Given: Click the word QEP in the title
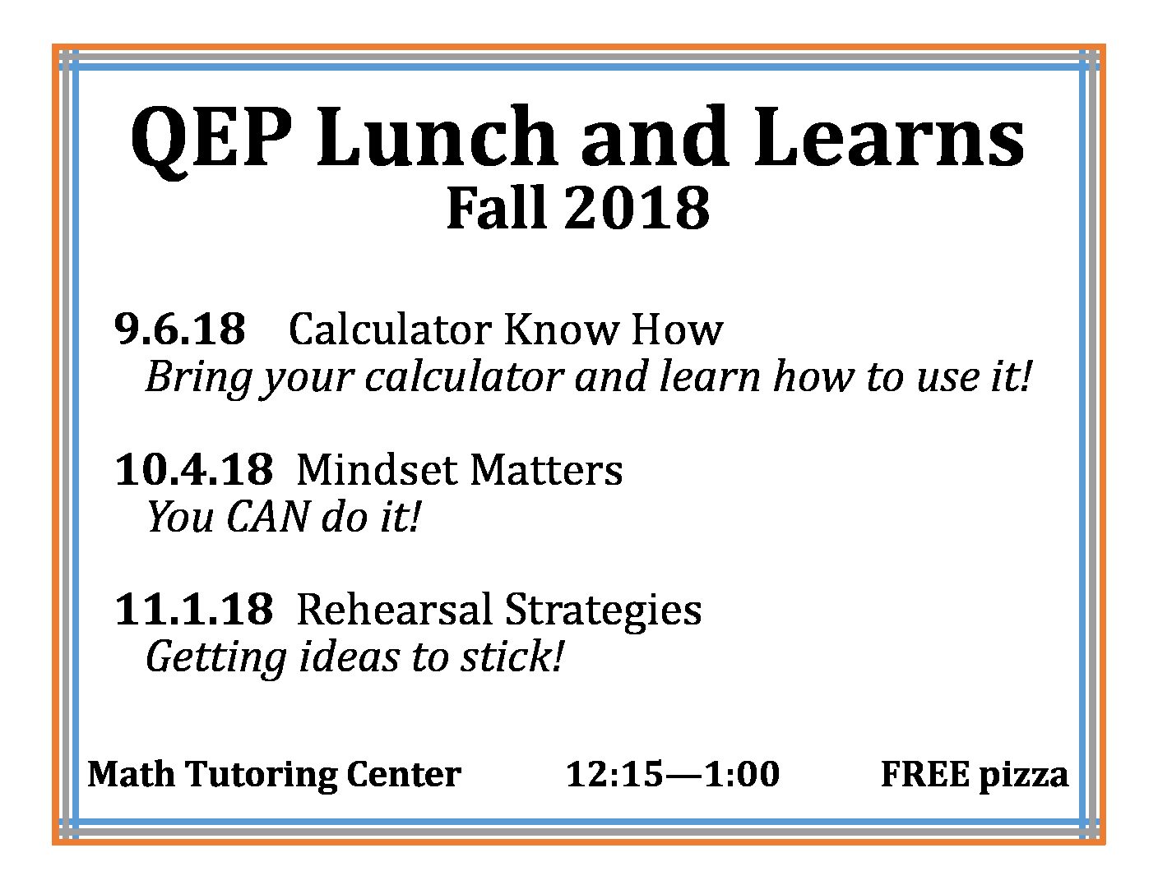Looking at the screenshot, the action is [211, 140].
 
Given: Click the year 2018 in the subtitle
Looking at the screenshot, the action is [637, 208].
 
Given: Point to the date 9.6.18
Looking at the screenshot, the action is [180, 329].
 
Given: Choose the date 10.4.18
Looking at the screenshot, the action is [194, 470].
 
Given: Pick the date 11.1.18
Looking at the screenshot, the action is [194, 609].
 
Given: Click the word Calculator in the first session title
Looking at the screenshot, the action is [390, 329].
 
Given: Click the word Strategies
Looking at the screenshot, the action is [603, 612].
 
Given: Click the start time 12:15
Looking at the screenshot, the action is [614, 774].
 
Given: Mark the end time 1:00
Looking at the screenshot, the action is [742, 774].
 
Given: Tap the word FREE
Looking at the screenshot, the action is [925, 774].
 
